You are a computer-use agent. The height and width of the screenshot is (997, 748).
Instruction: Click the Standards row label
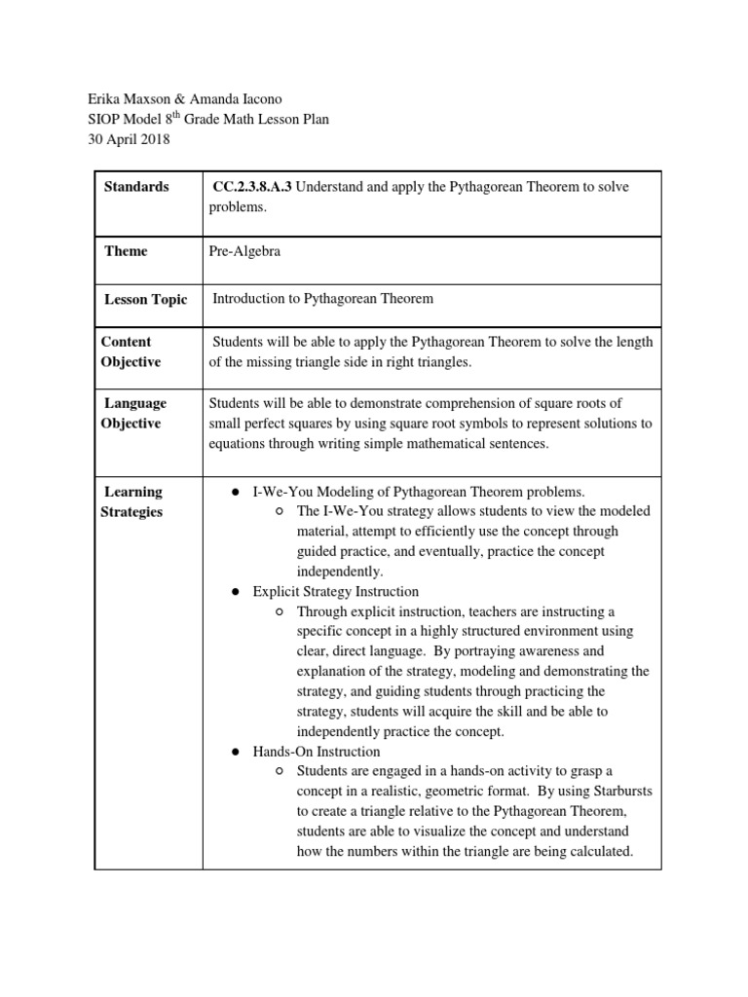pos(136,186)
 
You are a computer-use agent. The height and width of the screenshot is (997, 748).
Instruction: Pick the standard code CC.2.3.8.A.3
pos(251,187)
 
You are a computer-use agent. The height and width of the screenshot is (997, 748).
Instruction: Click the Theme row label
pos(126,251)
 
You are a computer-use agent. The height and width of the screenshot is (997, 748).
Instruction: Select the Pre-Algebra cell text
pos(245,251)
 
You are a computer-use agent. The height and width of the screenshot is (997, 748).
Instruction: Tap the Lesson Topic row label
pos(145,299)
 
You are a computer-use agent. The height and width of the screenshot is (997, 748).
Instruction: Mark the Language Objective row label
pos(131,413)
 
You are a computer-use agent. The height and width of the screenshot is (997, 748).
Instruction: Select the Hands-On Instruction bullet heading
pos(317,752)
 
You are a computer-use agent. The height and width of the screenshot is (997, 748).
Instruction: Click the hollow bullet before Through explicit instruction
pos(280,611)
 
